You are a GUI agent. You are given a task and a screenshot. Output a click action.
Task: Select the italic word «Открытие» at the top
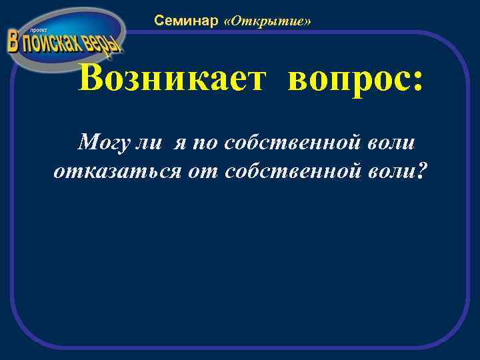268,21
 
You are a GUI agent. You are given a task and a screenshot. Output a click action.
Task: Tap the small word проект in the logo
33,31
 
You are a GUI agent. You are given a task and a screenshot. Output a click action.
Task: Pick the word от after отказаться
205,171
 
